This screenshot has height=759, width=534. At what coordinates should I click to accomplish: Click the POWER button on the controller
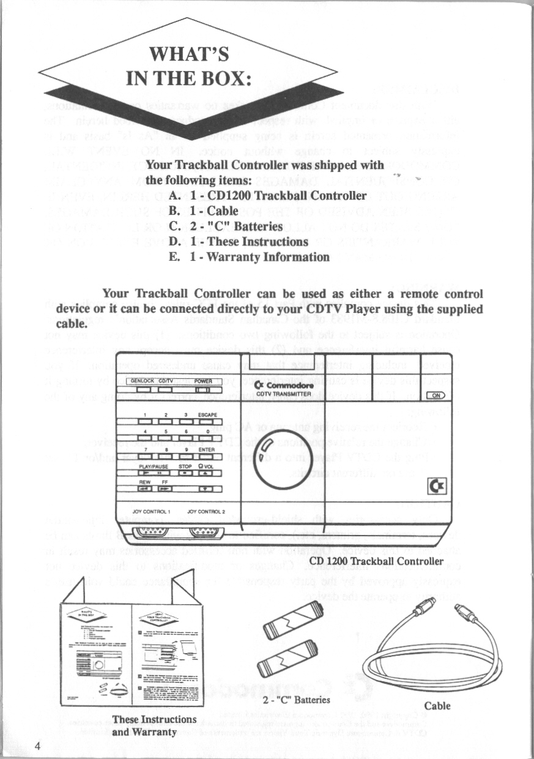point(203,389)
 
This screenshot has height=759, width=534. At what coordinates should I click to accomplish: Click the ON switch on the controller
point(437,396)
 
